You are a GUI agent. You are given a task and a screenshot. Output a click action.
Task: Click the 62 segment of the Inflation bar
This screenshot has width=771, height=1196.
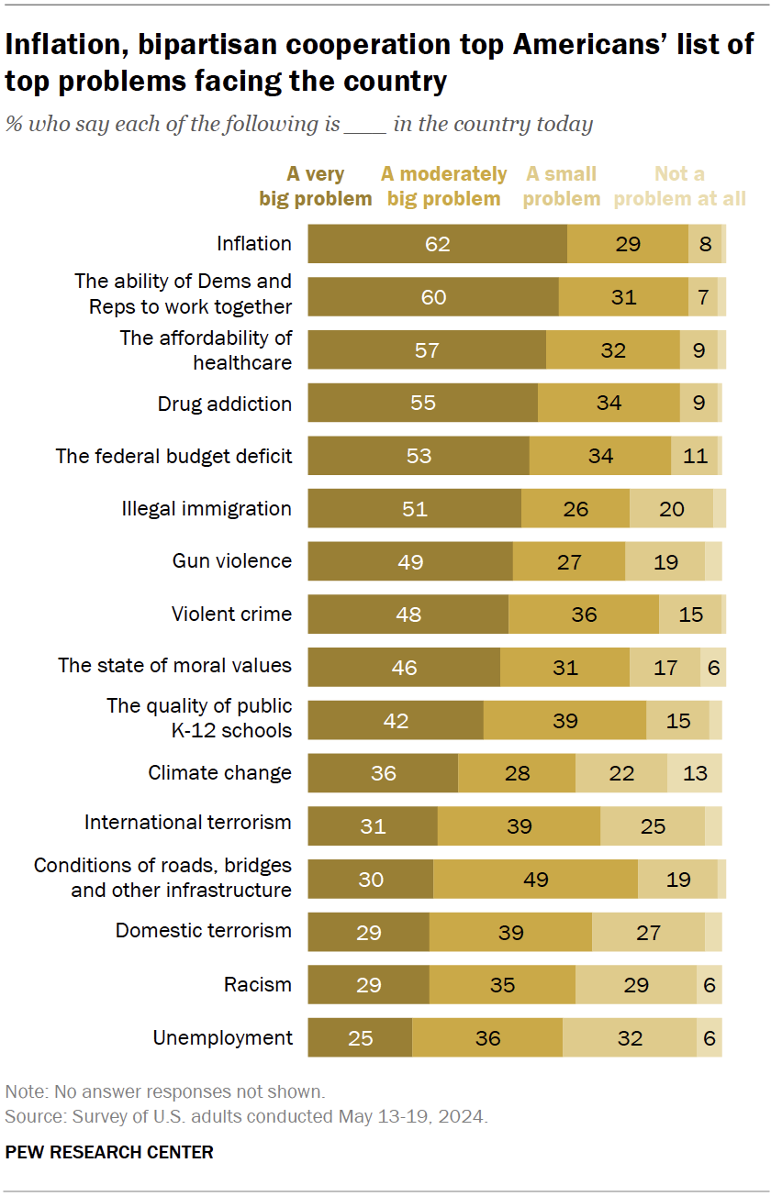437,244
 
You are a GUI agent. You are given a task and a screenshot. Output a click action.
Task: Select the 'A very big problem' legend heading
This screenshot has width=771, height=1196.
316,186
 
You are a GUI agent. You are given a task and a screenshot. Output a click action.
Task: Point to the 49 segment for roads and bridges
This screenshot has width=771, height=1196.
535,880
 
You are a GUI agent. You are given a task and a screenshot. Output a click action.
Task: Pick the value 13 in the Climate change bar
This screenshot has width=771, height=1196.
695,773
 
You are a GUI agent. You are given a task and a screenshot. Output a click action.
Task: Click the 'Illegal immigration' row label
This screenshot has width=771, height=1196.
207,508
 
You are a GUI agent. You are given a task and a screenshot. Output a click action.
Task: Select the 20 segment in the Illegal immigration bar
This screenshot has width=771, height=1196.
671,508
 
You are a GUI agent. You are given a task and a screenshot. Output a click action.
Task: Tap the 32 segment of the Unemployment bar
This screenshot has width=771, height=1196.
630,1038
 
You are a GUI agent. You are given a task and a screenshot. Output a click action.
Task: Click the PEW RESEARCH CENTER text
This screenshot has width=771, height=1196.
109,1152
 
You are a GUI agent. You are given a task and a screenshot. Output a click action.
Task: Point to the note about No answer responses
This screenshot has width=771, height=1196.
164,1091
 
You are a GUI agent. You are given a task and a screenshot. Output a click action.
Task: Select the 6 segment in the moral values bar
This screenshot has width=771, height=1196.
712,668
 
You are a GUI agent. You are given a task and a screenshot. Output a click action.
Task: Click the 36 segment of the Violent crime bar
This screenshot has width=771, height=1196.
584,615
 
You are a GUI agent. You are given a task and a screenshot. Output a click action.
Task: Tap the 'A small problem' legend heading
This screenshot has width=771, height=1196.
561,186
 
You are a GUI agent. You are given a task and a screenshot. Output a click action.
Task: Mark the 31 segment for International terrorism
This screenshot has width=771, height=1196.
372,826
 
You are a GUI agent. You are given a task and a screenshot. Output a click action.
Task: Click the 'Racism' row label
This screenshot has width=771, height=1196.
258,985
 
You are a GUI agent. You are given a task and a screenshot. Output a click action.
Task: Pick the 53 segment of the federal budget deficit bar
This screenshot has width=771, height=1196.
419,456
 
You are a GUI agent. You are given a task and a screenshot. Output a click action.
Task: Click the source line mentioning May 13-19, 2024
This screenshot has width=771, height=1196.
246,1116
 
